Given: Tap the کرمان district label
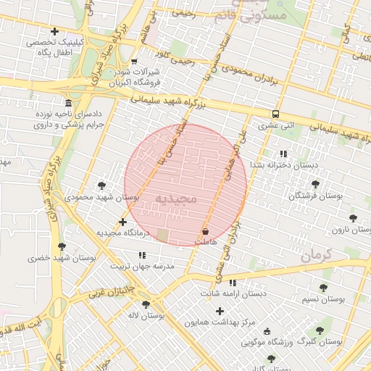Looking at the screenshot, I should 314,255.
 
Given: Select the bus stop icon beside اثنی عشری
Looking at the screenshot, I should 275,114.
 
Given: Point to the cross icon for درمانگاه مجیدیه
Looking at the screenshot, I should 122,222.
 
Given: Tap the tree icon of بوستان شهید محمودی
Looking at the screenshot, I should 101,185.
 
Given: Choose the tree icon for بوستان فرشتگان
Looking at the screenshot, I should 315,184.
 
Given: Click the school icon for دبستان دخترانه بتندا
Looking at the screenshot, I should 283,154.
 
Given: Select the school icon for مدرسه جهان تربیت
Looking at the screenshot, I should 142,255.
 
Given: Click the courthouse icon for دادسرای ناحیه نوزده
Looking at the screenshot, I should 68,103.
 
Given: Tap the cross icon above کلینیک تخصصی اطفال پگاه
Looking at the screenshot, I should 55,31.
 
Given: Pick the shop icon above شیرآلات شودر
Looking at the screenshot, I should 134,62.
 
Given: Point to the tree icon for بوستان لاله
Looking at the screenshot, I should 146,304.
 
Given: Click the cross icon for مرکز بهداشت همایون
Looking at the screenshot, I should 220,311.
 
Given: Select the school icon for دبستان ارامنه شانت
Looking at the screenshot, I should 233,283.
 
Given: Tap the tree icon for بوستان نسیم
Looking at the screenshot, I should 323,288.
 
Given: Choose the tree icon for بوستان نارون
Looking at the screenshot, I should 353,217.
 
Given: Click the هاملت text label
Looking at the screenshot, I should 207,241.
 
